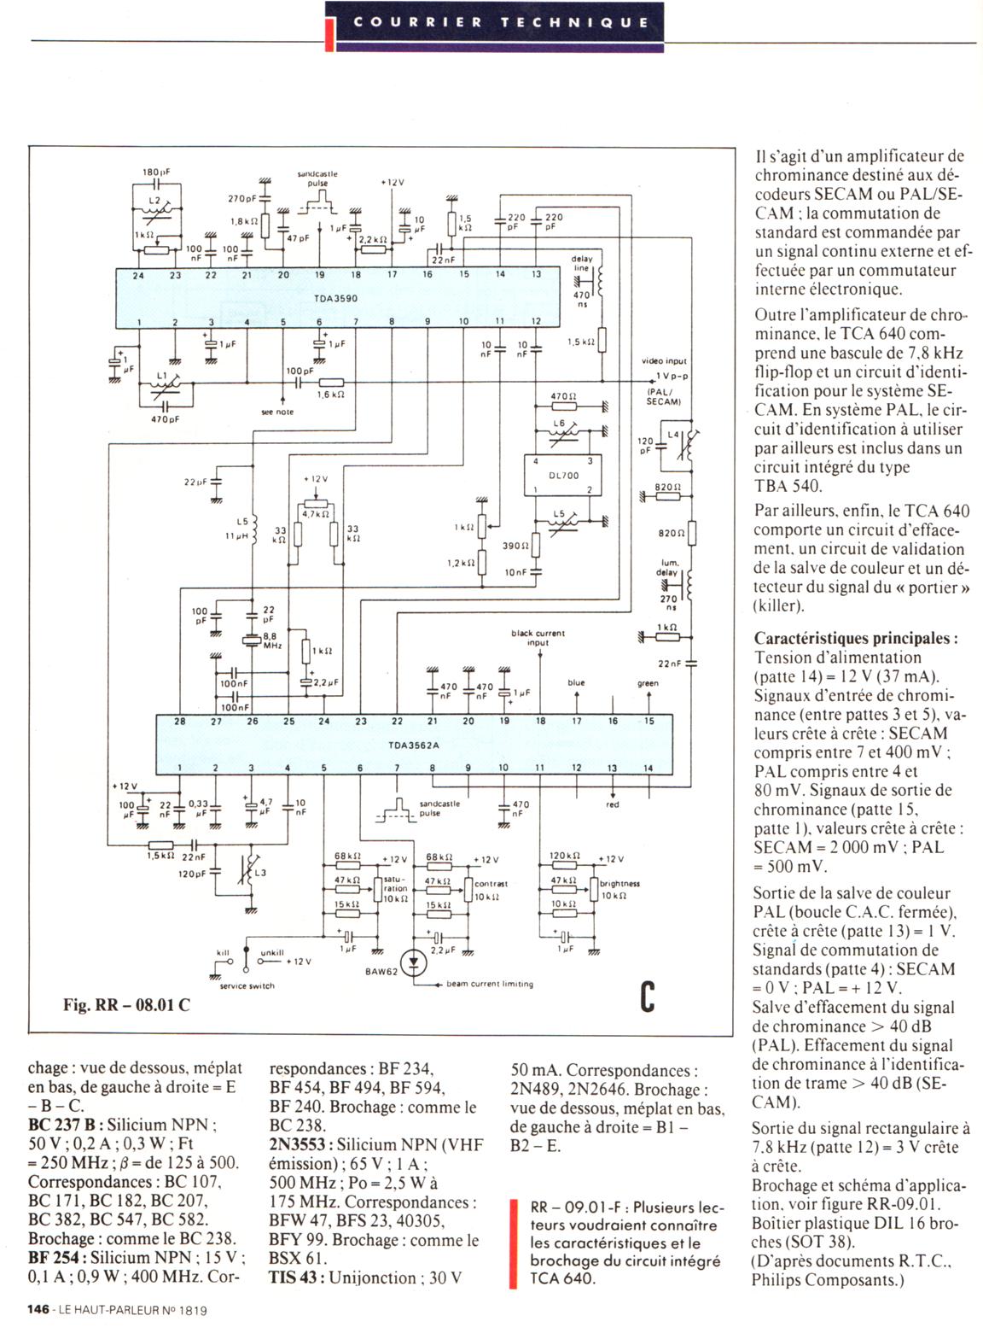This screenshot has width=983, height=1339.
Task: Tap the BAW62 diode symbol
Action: (x=415, y=963)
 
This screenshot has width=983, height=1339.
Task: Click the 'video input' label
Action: (x=664, y=361)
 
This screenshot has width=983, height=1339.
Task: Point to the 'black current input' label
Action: (x=538, y=637)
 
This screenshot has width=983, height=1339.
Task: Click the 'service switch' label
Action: (x=247, y=985)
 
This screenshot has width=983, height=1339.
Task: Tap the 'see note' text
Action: (x=277, y=412)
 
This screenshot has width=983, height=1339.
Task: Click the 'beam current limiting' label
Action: (x=490, y=984)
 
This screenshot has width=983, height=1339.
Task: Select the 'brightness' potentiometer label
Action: (x=619, y=884)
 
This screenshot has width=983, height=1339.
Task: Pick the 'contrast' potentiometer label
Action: (x=491, y=884)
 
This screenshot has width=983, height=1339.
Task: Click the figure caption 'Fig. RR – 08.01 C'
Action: (x=126, y=1004)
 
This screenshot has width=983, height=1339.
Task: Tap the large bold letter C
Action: (x=648, y=997)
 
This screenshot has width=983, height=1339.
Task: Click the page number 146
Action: (x=38, y=1309)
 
